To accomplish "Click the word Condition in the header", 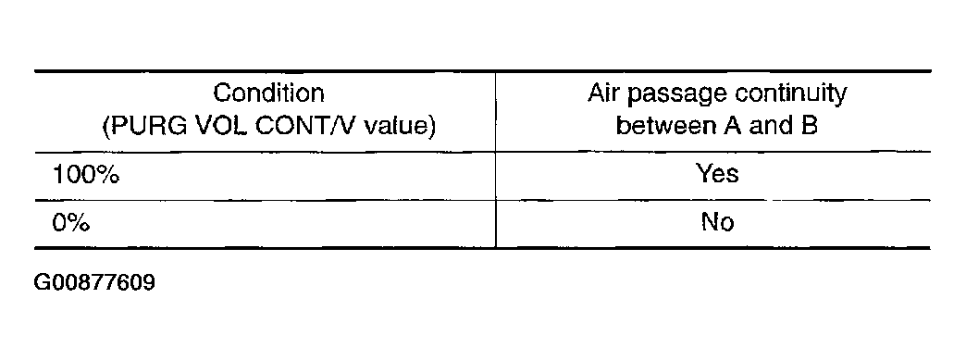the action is click(x=268, y=93).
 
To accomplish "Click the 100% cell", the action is click(x=86, y=176).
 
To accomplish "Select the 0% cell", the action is click(x=71, y=223).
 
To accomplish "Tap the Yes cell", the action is click(x=717, y=174).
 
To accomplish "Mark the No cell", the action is click(x=718, y=222).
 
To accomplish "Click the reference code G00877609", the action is click(x=94, y=283).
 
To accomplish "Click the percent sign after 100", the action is click(x=107, y=176).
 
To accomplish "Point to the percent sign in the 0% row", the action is click(x=79, y=223).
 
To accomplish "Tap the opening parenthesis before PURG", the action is click(x=106, y=127).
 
